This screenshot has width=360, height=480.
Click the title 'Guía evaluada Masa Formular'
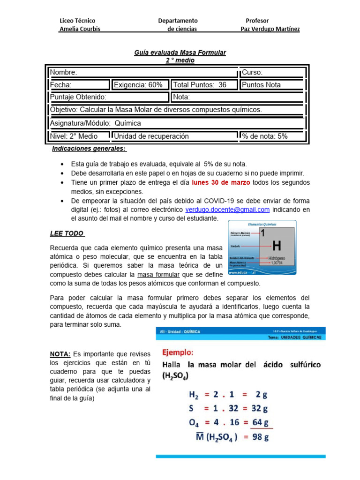[180, 52]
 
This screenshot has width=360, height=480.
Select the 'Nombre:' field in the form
[143, 72]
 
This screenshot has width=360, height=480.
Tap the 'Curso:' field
[272, 72]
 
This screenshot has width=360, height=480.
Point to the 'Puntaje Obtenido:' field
[108, 97]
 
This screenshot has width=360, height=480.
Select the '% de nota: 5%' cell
[272, 136]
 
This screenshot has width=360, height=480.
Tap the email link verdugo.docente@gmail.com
[227, 210]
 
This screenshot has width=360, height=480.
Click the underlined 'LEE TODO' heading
[67, 233]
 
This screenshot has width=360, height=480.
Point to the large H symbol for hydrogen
[277, 245]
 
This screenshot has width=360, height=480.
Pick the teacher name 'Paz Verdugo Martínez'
[270, 29]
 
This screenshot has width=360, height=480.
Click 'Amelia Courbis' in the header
[80, 29]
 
